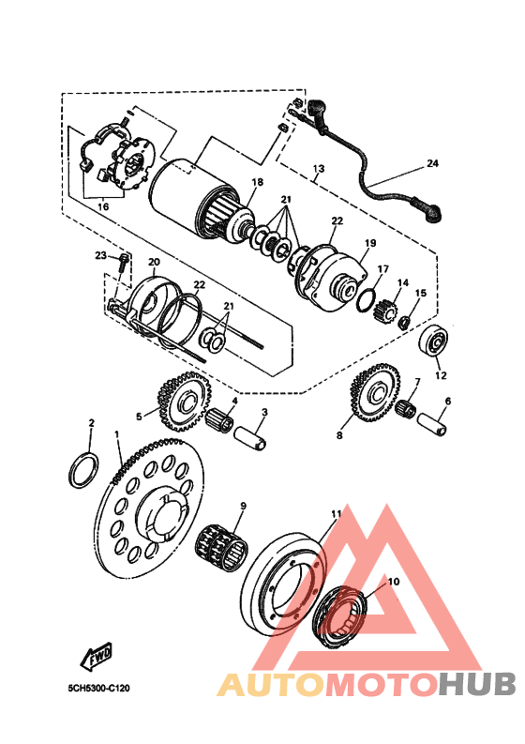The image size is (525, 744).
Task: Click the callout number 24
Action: tap(432, 163)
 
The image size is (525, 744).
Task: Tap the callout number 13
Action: tap(319, 169)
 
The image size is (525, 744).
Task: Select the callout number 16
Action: tap(103, 206)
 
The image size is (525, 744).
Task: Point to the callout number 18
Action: tap(258, 182)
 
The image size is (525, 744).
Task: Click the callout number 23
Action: tap(100, 255)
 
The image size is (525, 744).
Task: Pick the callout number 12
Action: tap(441, 375)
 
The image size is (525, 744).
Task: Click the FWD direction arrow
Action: tap(97, 656)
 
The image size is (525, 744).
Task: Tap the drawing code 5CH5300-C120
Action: tap(98, 688)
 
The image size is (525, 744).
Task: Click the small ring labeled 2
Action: tap(84, 470)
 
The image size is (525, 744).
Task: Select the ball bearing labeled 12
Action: tap(434, 342)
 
